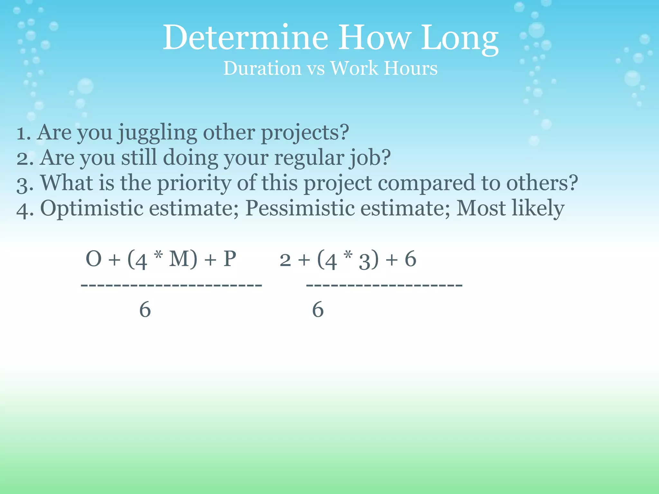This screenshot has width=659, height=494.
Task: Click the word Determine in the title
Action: coord(245,38)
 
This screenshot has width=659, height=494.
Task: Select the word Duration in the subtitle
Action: coord(262,69)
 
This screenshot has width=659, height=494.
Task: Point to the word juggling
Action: coord(157,133)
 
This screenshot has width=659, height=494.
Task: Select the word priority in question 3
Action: coord(194,184)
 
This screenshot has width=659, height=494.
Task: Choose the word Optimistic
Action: coord(92,208)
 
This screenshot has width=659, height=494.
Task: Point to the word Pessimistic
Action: coord(300,208)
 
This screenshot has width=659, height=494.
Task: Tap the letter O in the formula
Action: coord(94,259)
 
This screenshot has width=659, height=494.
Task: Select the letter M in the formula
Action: coord(179,259)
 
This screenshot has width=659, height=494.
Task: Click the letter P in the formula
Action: coord(230,259)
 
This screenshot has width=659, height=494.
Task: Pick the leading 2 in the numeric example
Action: coord(285,260)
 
